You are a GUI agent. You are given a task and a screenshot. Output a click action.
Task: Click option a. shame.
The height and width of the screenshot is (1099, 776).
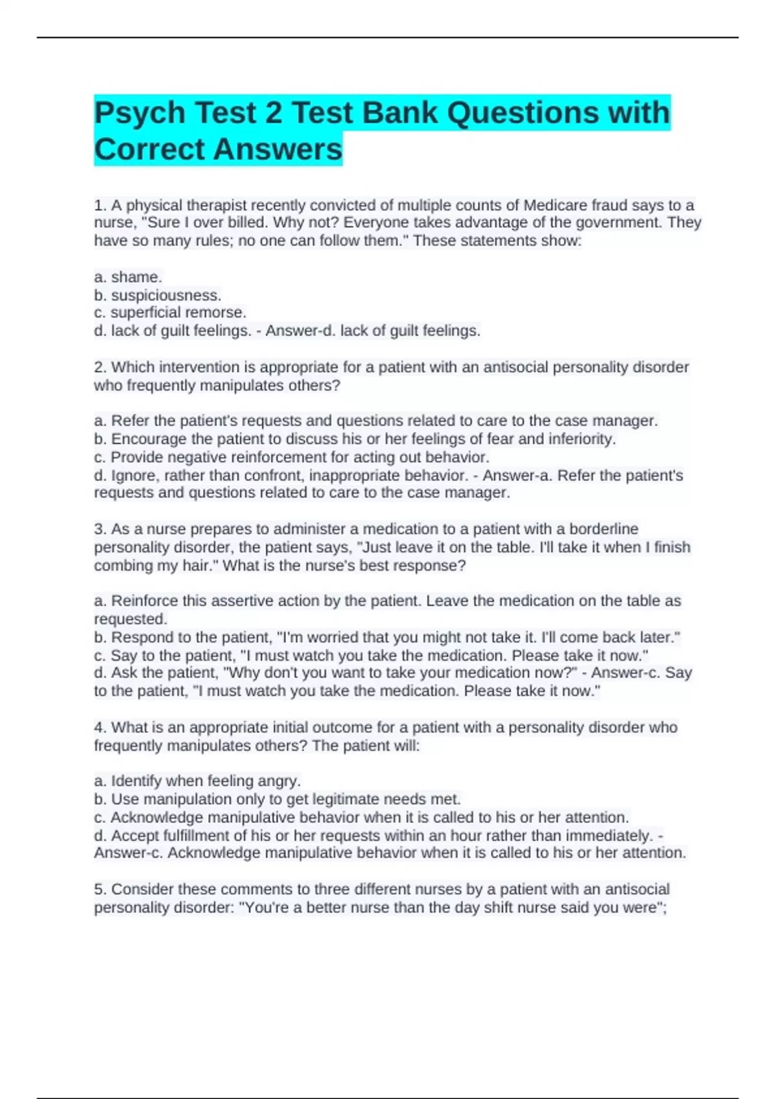pyautogui.click(x=128, y=277)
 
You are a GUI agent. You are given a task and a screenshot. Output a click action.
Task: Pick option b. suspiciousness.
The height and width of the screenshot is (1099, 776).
pyautogui.click(x=158, y=295)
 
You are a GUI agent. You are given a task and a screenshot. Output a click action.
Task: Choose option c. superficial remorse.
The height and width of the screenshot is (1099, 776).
pyautogui.click(x=170, y=313)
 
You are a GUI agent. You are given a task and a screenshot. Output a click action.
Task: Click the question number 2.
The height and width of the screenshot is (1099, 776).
pyautogui.click(x=100, y=367)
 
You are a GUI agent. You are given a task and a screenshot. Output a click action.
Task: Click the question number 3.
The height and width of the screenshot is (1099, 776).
pyautogui.click(x=100, y=529)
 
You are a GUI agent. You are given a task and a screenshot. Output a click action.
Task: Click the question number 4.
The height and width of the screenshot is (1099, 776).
pyautogui.click(x=100, y=727)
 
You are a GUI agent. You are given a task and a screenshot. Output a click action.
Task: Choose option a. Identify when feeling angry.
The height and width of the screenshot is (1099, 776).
pyautogui.click(x=197, y=781)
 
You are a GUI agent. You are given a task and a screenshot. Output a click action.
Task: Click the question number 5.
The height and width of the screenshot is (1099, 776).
pyautogui.click(x=100, y=889)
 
